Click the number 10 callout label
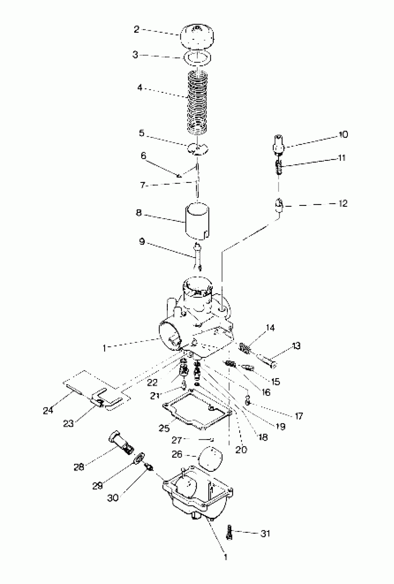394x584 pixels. point(343,134)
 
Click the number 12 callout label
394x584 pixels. point(343,203)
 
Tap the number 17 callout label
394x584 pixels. point(299,416)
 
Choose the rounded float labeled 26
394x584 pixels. point(210,459)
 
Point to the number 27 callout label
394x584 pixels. point(176,440)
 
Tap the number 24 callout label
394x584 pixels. point(48,410)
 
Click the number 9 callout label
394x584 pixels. point(142,242)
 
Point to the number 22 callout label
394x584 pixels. point(152,383)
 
